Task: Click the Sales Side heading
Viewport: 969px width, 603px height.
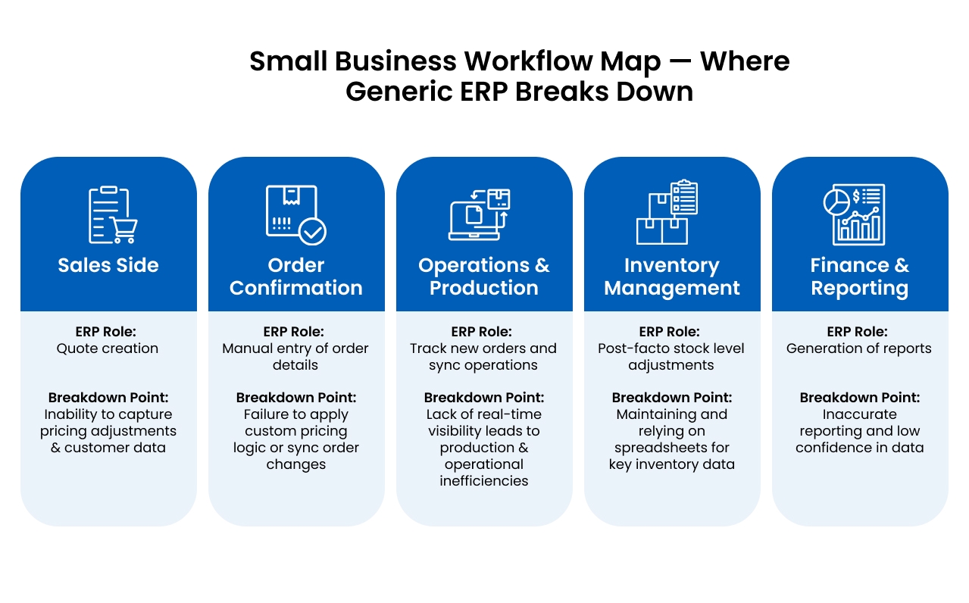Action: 108,266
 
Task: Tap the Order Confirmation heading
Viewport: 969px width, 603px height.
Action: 296,277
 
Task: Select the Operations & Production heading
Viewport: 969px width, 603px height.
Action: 484,277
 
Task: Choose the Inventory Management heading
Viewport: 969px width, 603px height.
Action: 672,277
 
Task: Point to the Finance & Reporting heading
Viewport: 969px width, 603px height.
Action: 860,277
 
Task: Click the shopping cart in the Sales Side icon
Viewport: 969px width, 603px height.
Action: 124,230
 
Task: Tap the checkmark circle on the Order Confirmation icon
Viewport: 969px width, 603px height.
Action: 312,231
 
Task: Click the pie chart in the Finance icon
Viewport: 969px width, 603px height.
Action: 836,202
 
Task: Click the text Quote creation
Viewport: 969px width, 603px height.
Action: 108,348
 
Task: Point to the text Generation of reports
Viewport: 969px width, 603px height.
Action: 859,348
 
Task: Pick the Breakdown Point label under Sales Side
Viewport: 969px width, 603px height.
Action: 108,398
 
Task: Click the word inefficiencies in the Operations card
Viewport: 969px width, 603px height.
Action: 484,481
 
